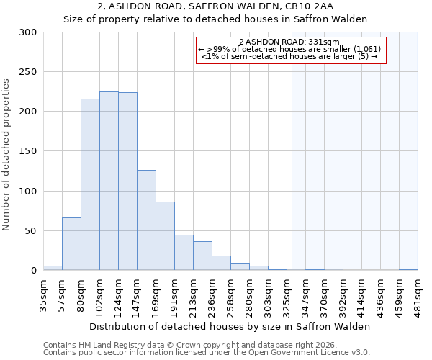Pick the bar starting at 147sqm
[x=146, y=220]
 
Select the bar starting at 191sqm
[x=184, y=253]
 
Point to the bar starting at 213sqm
[x=202, y=256]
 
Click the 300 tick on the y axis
[x=27, y=32]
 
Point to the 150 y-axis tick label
[x=27, y=151]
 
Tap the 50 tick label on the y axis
[x=30, y=231]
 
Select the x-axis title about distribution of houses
[x=230, y=326]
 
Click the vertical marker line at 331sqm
[x=292, y=166]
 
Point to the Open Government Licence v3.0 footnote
[x=207, y=352]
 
